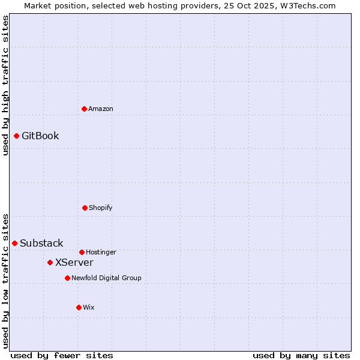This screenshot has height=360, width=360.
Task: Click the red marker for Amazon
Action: pyautogui.click(x=84, y=109)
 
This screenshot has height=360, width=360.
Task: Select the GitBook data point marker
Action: pyautogui.click(x=16, y=136)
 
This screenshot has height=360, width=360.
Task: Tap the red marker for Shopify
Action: pyautogui.click(x=85, y=208)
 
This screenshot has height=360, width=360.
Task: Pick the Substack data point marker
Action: pyautogui.click(x=14, y=243)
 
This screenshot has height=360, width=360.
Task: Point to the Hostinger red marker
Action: pyautogui.click(x=82, y=252)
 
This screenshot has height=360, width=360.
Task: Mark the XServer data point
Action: pyautogui.click(x=50, y=262)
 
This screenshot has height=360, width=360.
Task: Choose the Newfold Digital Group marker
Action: pyautogui.click(x=67, y=278)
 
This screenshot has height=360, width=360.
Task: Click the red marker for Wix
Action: pyautogui.click(x=79, y=307)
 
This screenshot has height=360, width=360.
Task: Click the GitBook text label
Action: pyautogui.click(x=40, y=136)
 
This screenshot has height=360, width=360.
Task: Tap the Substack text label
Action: pyautogui.click(x=41, y=243)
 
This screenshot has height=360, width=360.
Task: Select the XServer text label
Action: pyautogui.click(x=74, y=262)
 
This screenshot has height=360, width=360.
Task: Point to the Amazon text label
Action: pyautogui.click(x=101, y=109)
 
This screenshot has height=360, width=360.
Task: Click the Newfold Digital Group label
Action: pyautogui.click(x=106, y=278)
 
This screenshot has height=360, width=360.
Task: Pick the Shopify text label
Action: pyautogui.click(x=101, y=208)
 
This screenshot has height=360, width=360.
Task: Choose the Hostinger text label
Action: pyautogui.click(x=101, y=252)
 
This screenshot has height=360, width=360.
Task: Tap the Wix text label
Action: pyautogui.click(x=89, y=307)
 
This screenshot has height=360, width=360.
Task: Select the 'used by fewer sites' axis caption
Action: pyautogui.click(x=62, y=355)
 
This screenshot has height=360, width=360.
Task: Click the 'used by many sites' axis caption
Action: pyautogui.click(x=301, y=355)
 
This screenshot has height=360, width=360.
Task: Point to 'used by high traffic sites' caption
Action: pyautogui.click(x=5, y=85)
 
